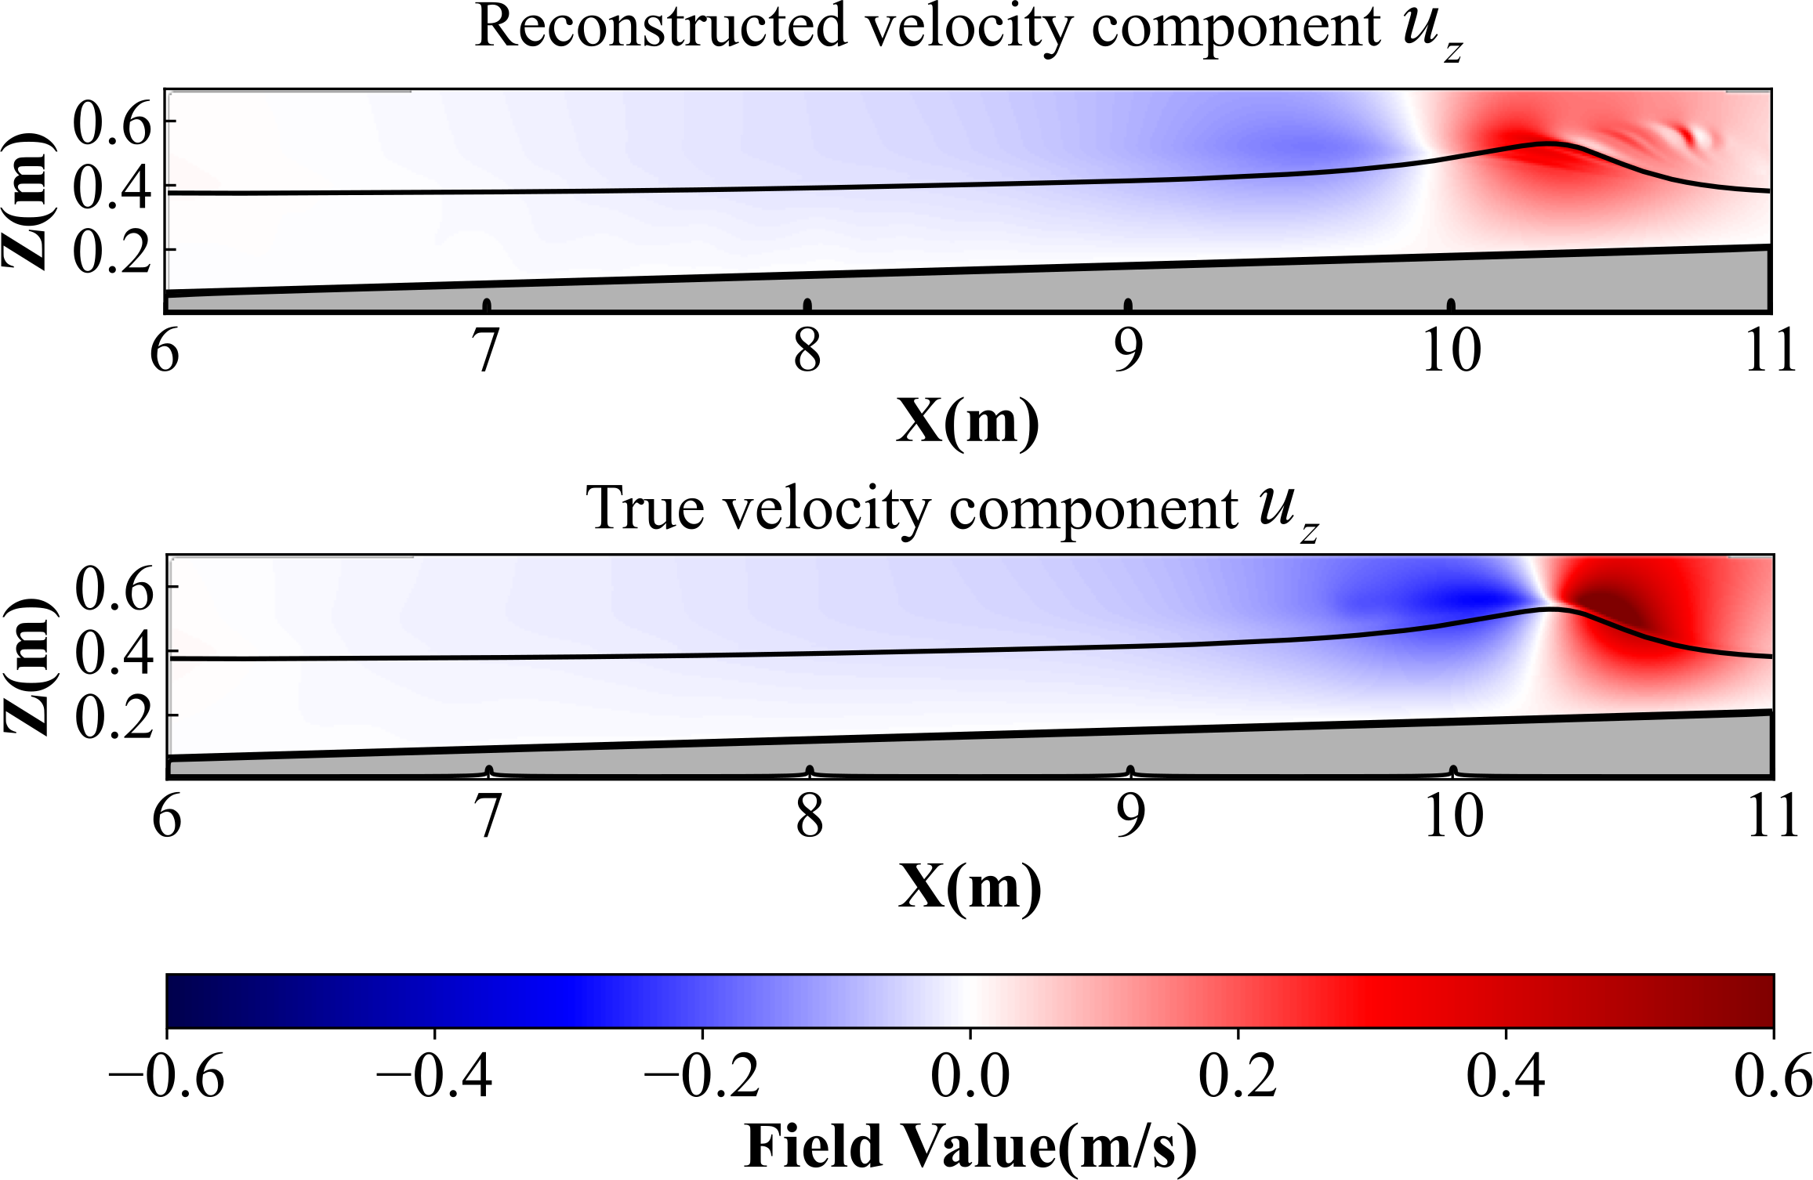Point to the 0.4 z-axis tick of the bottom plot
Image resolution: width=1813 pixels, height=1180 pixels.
pos(114,652)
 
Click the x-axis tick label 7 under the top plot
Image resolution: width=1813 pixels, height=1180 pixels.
pos(487,350)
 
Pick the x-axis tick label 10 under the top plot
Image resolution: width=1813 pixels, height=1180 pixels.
pos(1451,350)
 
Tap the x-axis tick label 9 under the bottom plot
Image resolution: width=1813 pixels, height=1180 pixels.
pos(1129,816)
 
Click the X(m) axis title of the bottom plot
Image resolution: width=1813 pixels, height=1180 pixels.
pos(970,887)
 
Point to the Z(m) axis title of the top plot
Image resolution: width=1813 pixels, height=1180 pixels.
pos(27,202)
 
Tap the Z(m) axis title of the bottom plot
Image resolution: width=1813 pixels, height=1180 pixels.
pos(28,668)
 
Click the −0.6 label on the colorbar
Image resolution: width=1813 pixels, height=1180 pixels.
pos(166,1077)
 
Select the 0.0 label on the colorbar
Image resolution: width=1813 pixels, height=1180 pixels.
pos(970,1077)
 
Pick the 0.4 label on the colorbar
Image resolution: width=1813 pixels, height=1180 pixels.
pos(1506,1077)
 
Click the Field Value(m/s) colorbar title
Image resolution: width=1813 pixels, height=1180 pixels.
pos(970,1146)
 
